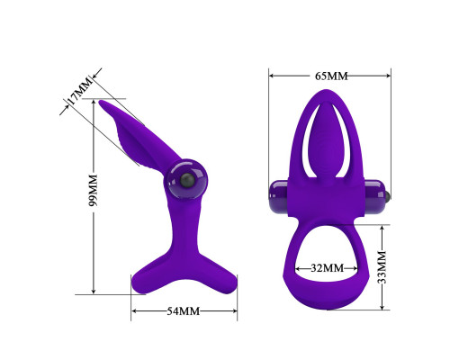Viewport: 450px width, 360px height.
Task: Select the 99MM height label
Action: pos(94,190)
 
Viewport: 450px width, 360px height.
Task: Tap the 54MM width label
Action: pos(184,311)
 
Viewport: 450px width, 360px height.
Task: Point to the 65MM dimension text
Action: pos(331,76)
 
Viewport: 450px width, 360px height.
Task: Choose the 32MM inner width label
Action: pos(327,268)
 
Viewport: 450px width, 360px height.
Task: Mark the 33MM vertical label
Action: pos(382,267)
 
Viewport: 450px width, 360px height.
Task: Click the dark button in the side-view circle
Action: pos(187,180)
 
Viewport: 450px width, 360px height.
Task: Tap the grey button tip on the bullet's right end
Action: pos(389,196)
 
